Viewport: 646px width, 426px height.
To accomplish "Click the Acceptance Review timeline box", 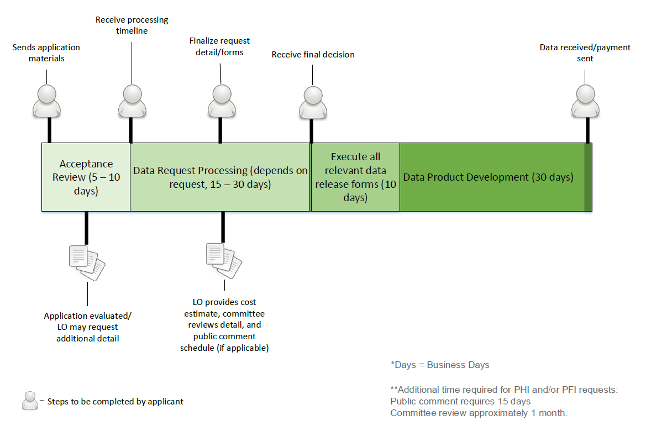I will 86,177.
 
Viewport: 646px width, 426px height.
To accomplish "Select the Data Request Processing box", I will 220,177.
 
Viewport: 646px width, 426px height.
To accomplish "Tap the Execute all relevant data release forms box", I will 355,177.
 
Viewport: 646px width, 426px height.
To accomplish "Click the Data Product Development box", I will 492,177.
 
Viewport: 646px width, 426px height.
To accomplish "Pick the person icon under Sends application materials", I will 46,101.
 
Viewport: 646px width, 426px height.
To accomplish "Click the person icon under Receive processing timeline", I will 132,101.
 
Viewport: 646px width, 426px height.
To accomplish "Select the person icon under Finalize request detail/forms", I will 221,101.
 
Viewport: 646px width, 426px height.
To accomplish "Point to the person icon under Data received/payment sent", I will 585,101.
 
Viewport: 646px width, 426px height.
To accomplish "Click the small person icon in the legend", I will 30,401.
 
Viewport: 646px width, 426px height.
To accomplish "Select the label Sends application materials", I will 46,52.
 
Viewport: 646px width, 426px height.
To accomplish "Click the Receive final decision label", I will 313,55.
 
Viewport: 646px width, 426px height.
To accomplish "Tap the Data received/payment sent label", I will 585,52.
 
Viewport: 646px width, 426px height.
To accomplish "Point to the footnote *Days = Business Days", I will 440,365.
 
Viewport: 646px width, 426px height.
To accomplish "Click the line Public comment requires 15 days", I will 460,401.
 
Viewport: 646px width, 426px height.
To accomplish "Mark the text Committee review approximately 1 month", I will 479,413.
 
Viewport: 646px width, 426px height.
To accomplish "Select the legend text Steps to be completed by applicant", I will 115,402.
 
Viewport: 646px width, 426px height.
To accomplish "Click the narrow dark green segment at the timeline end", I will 589,177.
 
